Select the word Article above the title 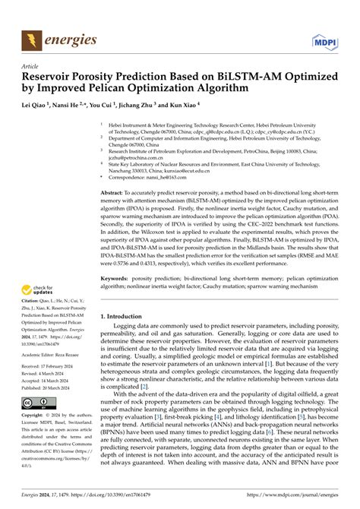[x=30, y=66]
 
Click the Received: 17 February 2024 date [x=54, y=366]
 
